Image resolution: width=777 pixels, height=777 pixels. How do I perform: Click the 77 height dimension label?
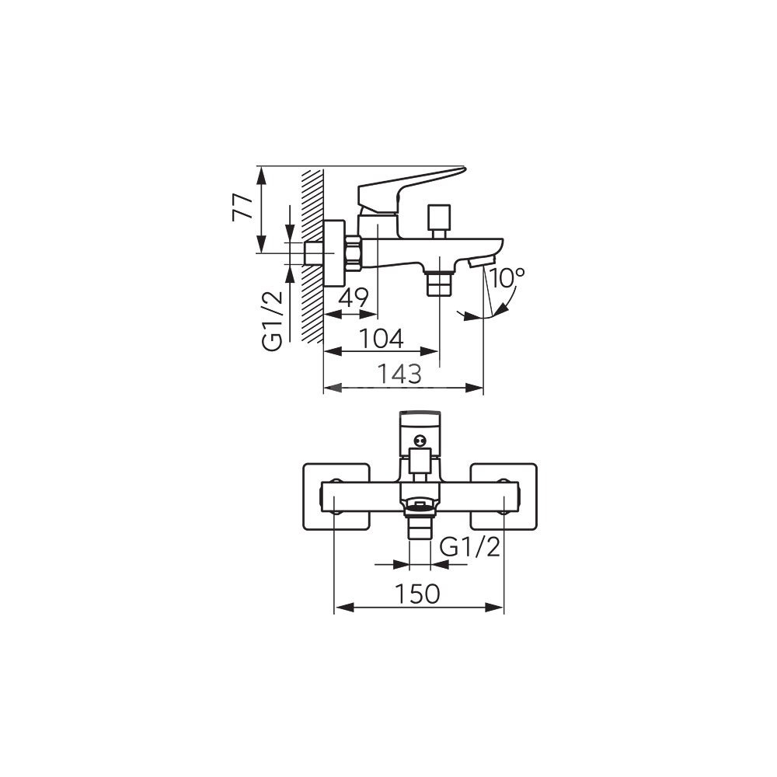click(242, 207)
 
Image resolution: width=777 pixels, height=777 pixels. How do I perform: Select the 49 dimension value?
click(354, 298)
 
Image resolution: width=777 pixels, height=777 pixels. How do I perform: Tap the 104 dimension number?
click(381, 339)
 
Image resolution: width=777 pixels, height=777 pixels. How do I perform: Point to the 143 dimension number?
click(399, 375)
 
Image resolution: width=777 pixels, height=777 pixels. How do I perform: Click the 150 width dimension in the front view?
click(418, 594)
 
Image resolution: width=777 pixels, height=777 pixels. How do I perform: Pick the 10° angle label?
click(507, 277)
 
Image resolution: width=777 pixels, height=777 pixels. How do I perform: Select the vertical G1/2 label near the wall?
click(272, 321)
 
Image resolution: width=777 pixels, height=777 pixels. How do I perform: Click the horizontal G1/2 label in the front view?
click(470, 548)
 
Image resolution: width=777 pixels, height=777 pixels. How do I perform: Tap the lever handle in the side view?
click(411, 191)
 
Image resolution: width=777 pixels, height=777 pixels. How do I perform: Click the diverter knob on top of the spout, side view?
click(440, 221)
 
